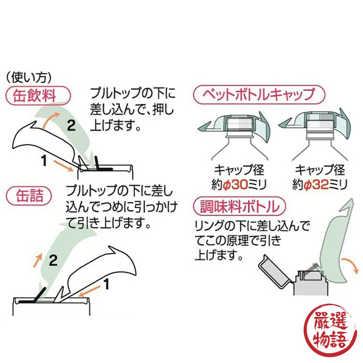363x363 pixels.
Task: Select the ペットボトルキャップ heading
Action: [259, 95]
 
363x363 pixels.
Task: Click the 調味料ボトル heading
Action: [240, 207]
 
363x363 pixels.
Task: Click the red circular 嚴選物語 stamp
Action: [330, 328]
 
